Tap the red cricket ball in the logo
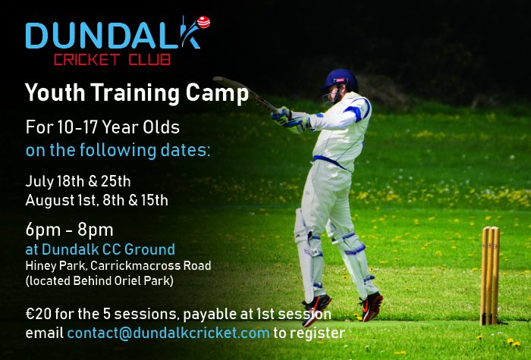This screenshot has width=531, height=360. (x=203, y=21)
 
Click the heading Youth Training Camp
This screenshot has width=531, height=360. (x=137, y=94)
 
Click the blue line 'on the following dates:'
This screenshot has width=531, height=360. (x=118, y=149)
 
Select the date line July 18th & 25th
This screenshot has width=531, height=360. (x=78, y=181)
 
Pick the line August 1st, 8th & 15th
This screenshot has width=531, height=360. (x=96, y=200)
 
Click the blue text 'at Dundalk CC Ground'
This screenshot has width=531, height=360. (x=100, y=249)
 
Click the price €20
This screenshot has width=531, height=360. (x=39, y=315)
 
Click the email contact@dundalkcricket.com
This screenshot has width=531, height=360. (x=168, y=333)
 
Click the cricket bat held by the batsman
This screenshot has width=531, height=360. (x=241, y=90)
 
